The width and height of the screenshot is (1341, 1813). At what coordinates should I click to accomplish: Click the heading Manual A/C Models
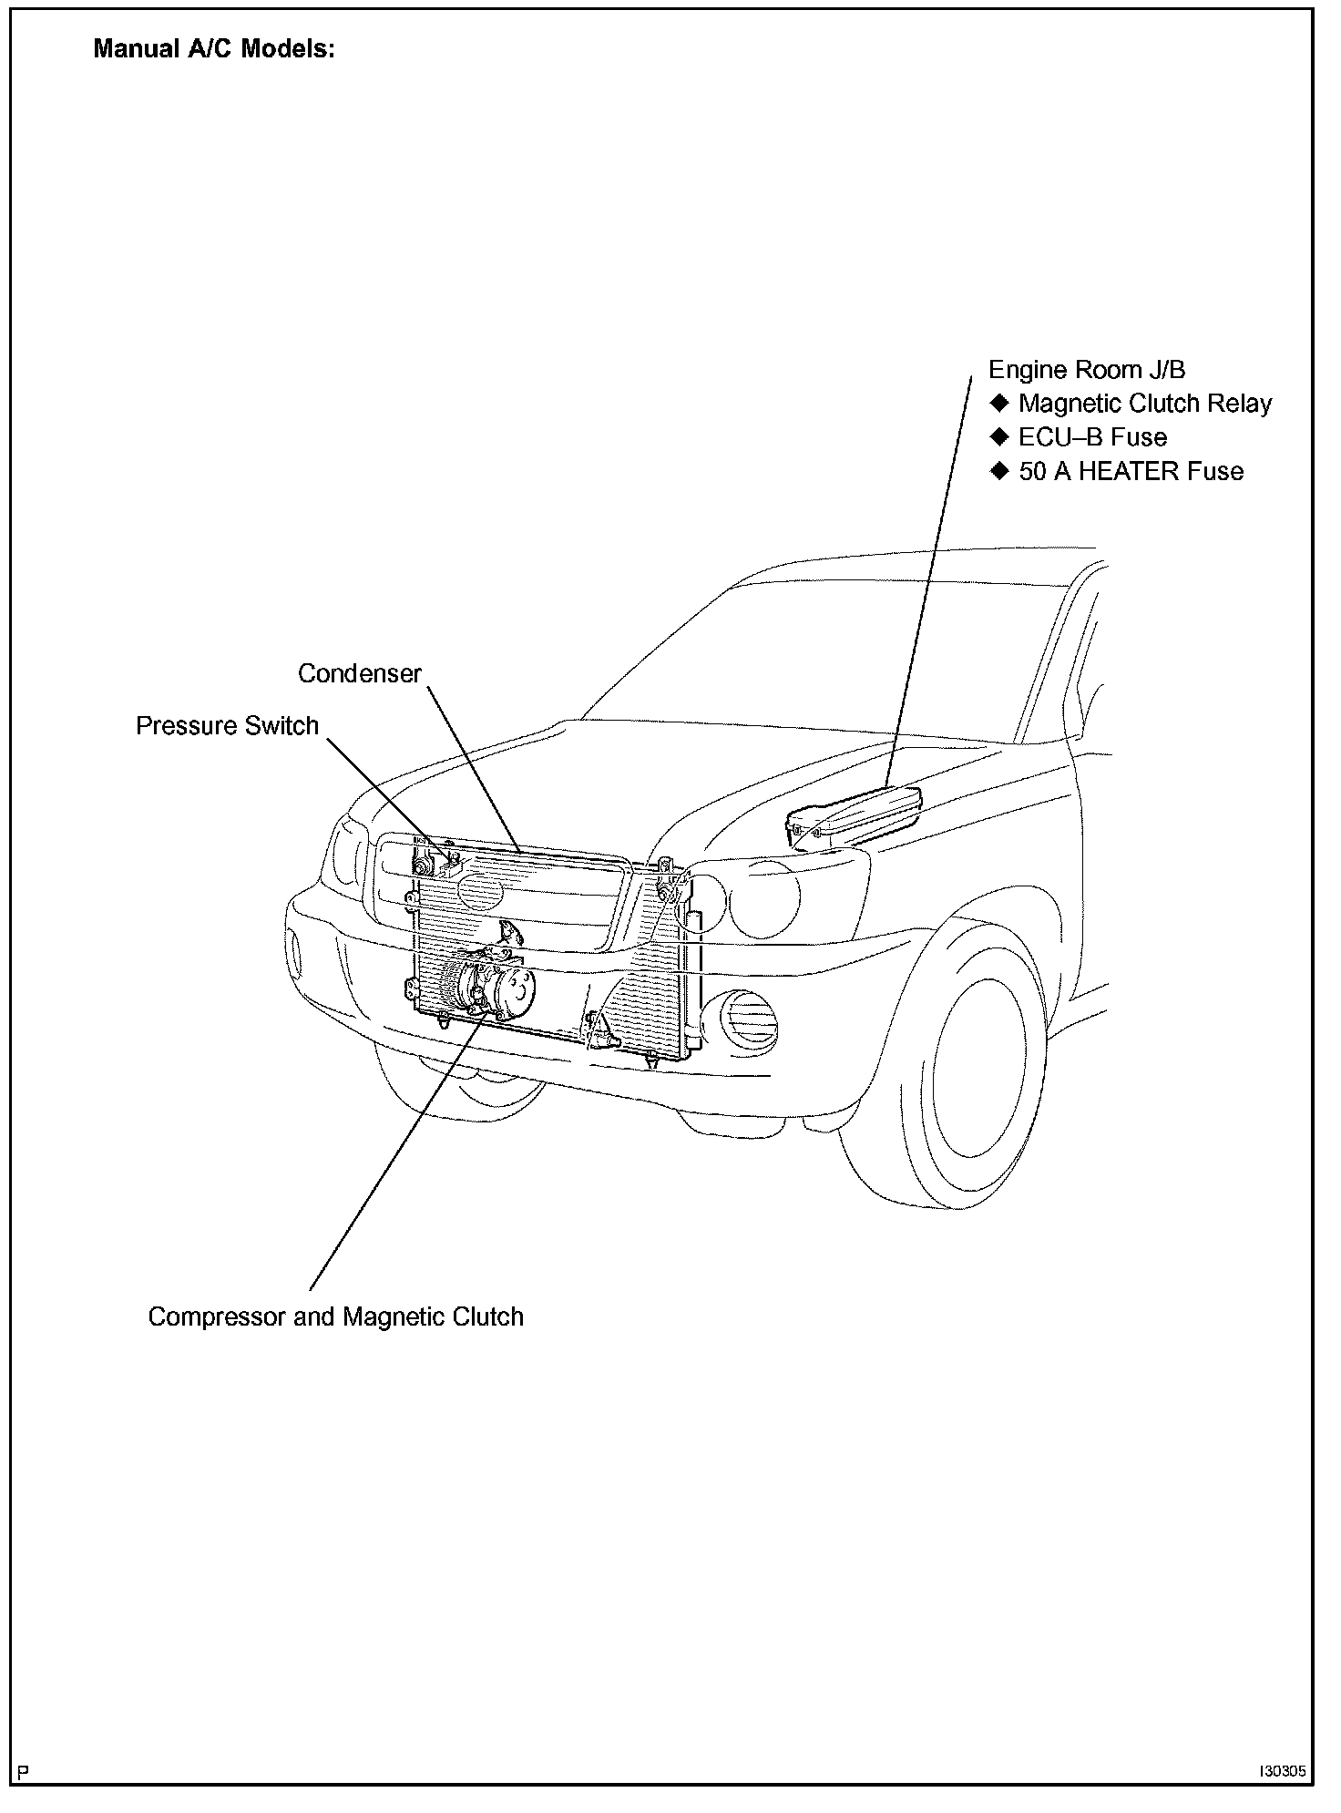tap(214, 49)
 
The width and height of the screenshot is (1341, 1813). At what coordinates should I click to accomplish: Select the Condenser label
tap(360, 674)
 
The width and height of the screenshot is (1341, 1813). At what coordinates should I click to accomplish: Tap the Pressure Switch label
tap(227, 726)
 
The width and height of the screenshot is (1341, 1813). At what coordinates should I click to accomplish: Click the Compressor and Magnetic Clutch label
tap(335, 1317)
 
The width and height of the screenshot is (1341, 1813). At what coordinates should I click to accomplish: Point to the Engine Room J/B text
tap(1087, 370)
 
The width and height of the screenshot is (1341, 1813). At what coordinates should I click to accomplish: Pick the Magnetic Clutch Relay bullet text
tap(1144, 404)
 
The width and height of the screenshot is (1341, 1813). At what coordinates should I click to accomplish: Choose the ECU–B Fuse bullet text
tap(1092, 437)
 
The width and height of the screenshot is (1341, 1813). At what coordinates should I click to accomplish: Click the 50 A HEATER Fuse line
tap(1131, 472)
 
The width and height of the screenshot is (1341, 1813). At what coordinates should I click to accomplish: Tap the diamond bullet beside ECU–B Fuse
tap(999, 437)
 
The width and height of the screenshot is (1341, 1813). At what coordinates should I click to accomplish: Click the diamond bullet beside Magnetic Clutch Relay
tap(999, 404)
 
